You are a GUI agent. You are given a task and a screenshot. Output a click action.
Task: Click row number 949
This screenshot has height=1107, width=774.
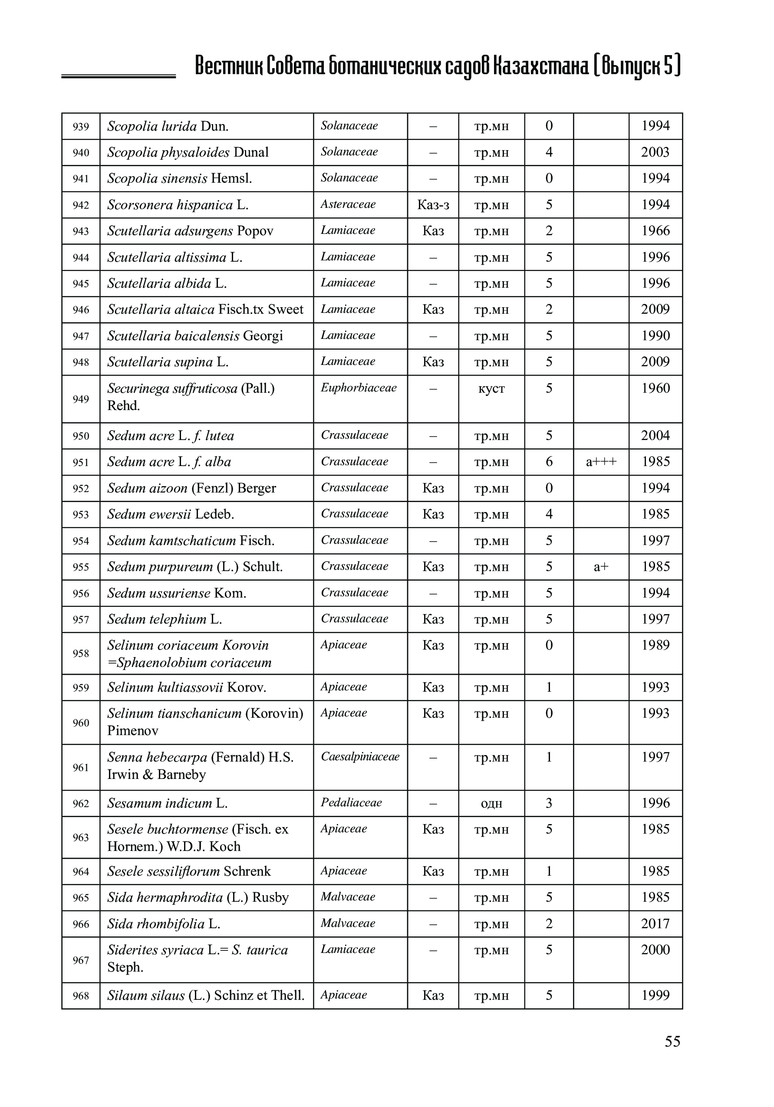tap(81, 399)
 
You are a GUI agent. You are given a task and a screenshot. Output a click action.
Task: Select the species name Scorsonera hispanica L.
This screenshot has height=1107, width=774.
tap(178, 205)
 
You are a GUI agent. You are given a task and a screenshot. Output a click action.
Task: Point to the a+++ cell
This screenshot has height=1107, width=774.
tap(601, 462)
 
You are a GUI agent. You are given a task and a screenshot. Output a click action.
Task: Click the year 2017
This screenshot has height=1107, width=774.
tap(655, 923)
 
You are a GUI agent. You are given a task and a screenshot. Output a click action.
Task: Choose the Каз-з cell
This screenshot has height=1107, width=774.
tap(433, 205)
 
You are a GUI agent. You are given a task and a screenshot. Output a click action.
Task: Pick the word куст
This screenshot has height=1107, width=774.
tap(491, 389)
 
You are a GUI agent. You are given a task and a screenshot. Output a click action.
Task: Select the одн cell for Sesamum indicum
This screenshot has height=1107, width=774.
tap(491, 803)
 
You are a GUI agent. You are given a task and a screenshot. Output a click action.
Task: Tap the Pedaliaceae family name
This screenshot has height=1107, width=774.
tap(351, 802)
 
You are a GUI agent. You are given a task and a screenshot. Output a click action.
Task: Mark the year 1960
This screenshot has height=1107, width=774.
tap(655, 388)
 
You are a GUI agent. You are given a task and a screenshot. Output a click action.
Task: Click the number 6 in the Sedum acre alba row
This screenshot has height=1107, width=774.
tap(549, 462)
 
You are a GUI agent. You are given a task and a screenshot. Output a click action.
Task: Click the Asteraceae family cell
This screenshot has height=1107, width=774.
tap(348, 204)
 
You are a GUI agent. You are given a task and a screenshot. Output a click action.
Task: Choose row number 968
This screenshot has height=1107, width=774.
tap(81, 995)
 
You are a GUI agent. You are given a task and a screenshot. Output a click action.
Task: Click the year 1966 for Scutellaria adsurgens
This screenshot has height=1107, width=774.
tap(655, 231)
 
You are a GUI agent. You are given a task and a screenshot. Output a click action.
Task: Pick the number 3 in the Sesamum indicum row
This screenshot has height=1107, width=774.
tap(549, 803)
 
